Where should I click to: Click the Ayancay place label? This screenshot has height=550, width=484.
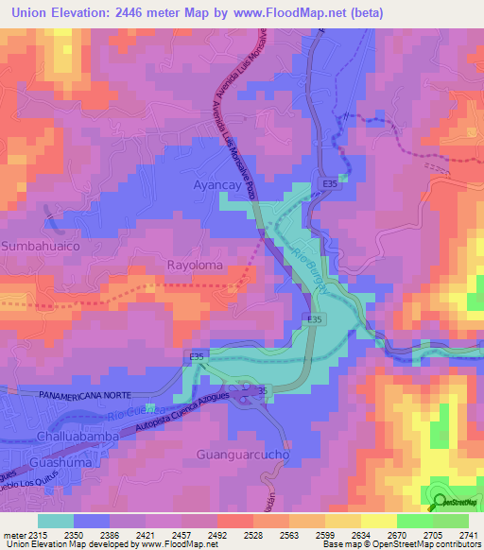click(218, 186)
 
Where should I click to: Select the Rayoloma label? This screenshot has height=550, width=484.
click(196, 266)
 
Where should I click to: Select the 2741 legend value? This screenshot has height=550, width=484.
click(467, 534)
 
